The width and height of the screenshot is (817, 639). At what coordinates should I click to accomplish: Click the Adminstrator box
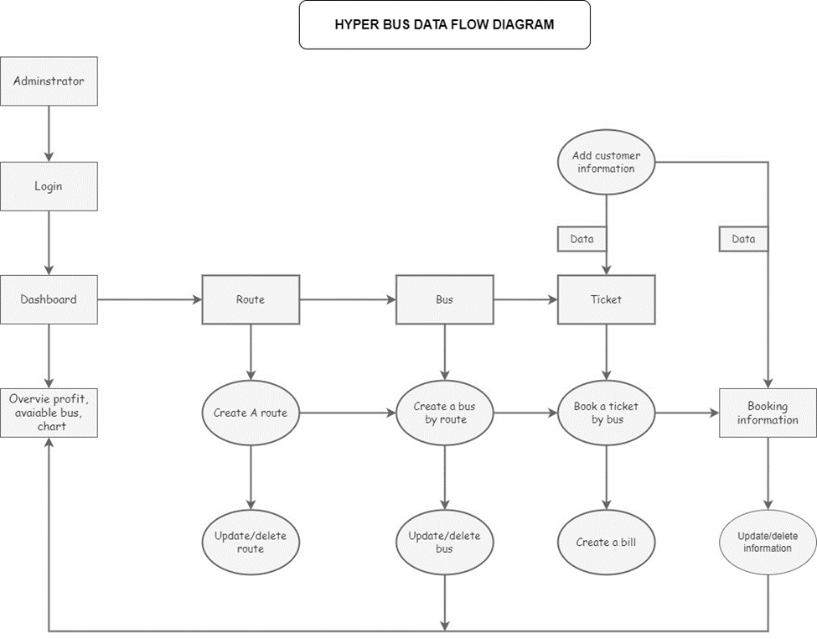[x=49, y=81]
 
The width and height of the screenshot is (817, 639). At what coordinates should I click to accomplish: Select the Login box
[x=49, y=186]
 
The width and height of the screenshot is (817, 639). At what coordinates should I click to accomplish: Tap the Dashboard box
[x=49, y=299]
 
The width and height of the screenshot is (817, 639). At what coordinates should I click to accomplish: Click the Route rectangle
[x=250, y=299]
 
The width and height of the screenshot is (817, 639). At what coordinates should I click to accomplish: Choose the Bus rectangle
[x=444, y=299]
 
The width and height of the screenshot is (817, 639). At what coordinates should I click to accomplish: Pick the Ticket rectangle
[x=606, y=299]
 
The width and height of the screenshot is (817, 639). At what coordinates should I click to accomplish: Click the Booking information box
[x=768, y=413]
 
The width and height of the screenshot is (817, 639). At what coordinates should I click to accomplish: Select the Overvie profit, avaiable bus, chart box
[x=49, y=413]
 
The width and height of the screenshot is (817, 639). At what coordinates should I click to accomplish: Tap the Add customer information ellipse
[x=605, y=162]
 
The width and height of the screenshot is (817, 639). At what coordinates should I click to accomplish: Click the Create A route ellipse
[x=250, y=413]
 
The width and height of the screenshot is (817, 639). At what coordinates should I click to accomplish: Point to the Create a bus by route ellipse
[x=444, y=413]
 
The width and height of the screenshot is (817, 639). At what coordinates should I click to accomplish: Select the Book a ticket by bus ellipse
[x=606, y=413]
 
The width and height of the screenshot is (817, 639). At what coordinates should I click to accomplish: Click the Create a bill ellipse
[x=606, y=542]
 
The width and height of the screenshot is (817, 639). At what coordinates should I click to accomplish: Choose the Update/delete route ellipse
[x=250, y=542]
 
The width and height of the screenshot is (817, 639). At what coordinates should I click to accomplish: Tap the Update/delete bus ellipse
[x=444, y=542]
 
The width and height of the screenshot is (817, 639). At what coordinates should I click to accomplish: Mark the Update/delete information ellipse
[x=768, y=542]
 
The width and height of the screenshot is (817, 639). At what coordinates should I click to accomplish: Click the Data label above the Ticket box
[x=582, y=239]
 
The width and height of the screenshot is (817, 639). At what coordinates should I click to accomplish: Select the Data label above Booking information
[x=743, y=239]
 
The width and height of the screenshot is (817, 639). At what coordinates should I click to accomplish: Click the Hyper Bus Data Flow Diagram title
[x=444, y=24]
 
